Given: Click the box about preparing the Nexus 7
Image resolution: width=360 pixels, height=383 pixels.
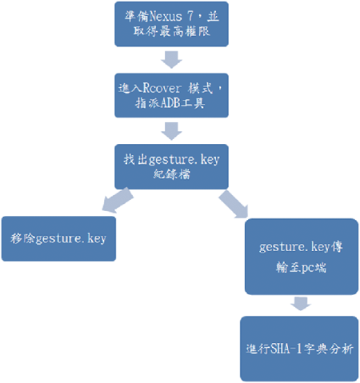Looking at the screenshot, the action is coord(171,24).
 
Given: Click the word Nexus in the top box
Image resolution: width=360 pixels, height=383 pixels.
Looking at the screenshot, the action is coord(166,17).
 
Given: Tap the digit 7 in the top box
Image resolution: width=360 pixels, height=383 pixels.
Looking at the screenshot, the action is coord(190,17).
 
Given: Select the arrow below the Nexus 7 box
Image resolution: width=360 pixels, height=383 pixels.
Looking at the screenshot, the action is coord(171,59).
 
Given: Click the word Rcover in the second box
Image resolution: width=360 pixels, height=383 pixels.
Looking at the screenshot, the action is coord(162,88).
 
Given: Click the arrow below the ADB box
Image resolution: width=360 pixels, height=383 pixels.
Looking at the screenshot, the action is coord(171,131).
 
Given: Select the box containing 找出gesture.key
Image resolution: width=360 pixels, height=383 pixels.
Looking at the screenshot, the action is coord(171,167).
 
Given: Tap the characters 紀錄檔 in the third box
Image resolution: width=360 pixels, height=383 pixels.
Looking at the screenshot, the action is coord(172,174).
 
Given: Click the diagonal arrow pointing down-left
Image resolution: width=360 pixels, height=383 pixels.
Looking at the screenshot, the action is coord(118,201).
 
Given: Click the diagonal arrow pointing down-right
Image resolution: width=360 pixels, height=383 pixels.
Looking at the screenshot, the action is coord(234,204).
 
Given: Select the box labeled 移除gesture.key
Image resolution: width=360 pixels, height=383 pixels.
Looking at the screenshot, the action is coord(58,238).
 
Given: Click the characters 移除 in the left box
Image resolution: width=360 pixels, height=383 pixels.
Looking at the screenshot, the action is coord(22,238).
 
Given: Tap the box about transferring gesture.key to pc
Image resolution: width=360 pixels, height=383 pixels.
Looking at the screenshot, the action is coord(302,257).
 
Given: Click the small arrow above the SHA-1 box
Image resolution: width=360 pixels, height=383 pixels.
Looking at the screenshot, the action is coord(301,304).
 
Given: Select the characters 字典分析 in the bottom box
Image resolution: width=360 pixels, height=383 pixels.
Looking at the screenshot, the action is coord(329,349).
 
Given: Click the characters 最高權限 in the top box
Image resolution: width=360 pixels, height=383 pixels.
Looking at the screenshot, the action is coord(185,31).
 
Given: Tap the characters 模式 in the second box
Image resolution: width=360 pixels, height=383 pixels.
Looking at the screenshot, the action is coord(200,88).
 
